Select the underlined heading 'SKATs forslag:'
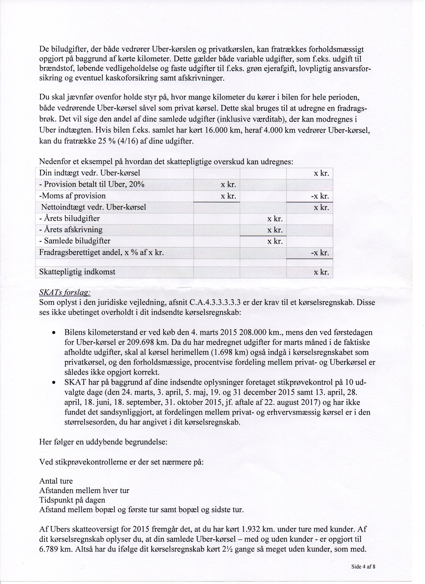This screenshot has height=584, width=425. click(x=65, y=293)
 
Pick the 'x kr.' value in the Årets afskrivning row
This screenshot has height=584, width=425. click(x=275, y=230)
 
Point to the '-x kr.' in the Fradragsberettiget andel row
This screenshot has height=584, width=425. click(x=320, y=253)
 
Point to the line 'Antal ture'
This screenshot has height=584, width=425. click(x=56, y=481)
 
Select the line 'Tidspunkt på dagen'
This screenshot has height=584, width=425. click(x=72, y=500)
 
